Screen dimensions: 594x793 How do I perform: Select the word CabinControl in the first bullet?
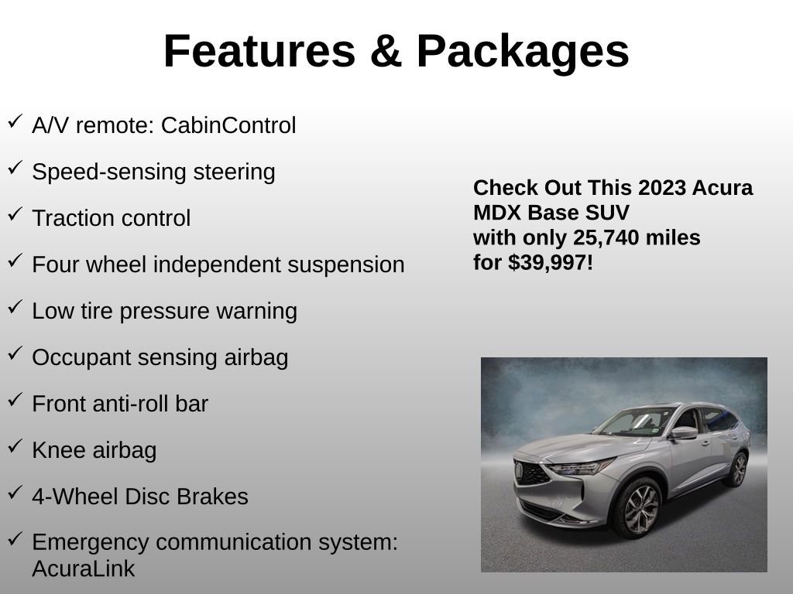(x=228, y=125)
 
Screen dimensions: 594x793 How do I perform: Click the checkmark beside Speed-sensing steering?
(x=15, y=168)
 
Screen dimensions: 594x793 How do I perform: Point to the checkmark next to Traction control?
(x=15, y=214)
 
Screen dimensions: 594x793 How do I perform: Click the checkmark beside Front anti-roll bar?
(x=15, y=400)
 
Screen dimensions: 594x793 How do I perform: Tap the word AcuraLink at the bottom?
(x=84, y=569)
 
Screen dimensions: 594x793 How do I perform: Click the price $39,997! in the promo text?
(x=551, y=262)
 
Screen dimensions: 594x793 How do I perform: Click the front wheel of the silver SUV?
(x=636, y=507)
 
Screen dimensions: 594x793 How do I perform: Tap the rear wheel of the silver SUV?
(x=736, y=469)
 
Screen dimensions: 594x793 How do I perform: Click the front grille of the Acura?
(x=532, y=472)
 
